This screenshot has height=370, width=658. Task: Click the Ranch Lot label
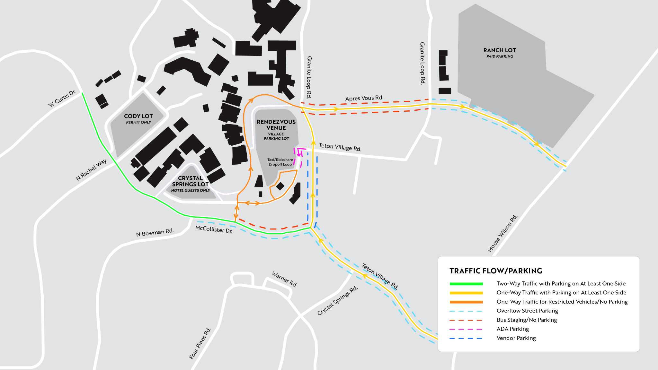coord(500,53)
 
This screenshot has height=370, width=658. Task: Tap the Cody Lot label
coord(138,118)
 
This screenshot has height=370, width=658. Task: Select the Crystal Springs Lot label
coord(191,184)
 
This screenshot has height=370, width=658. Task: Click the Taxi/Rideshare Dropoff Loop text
coord(280,162)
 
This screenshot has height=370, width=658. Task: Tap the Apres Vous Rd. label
coord(364,98)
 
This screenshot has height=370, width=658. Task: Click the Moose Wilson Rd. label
coord(502,233)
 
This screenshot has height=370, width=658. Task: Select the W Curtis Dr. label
coord(62,98)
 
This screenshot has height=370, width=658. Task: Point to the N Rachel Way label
coord(91,170)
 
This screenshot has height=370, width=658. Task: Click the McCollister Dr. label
coord(214,229)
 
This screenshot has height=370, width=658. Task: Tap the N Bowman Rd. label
coord(155,232)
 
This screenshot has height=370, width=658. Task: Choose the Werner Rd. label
coord(284,279)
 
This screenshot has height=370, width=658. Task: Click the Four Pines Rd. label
coord(200,343)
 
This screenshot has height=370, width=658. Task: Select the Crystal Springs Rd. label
coord(337,300)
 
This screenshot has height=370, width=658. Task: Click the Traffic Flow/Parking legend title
coord(496,271)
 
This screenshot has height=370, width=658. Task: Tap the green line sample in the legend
coord(466,284)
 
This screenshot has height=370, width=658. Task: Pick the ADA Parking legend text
coord(513,329)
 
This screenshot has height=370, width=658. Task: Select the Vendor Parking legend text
coord(516,338)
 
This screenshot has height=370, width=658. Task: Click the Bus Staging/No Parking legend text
coord(527,320)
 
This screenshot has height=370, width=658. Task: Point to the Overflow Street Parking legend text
coord(527,311)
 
